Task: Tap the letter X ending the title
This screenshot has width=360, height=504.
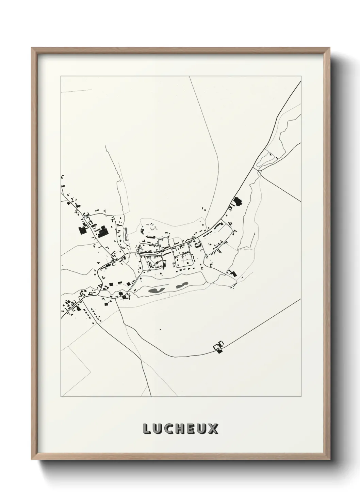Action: [213, 429]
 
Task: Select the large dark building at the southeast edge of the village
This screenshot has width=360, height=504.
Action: [233, 273]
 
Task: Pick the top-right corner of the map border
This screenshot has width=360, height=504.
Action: [301, 76]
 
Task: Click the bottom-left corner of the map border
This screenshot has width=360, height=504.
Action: [61, 397]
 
